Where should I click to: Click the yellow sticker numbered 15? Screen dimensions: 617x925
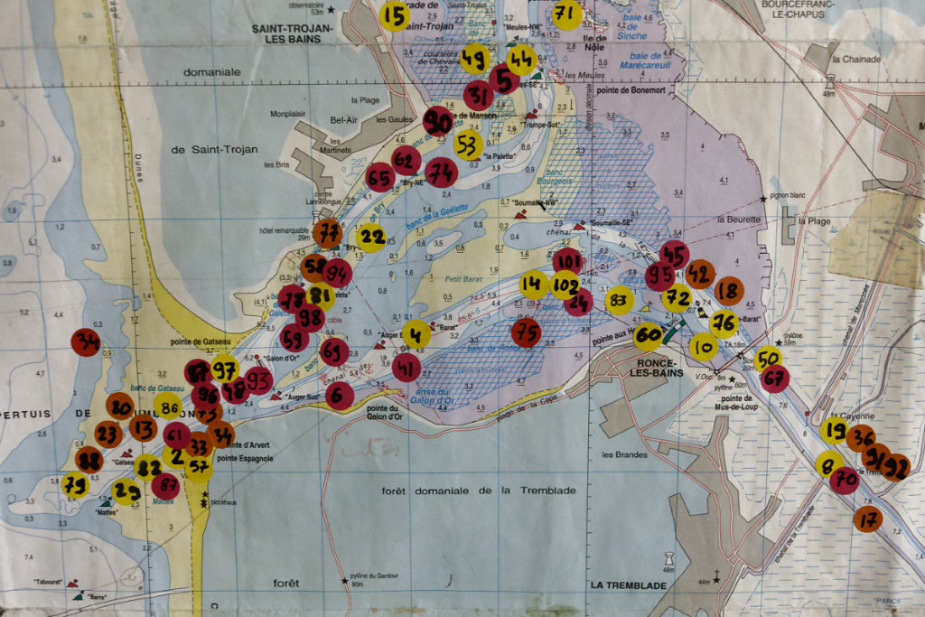click(x=394, y=15)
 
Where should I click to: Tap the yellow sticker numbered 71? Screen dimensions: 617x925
click(x=566, y=14)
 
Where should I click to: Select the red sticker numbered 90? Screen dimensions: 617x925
click(x=438, y=121)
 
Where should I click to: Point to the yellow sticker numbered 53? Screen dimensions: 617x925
click(x=468, y=145)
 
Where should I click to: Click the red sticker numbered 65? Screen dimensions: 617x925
click(x=380, y=177)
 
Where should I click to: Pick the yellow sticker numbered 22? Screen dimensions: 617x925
click(x=371, y=238)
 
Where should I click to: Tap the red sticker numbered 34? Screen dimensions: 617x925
click(x=86, y=341)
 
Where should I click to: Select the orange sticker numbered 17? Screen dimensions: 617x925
click(x=867, y=519)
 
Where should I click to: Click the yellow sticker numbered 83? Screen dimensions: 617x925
click(x=619, y=300)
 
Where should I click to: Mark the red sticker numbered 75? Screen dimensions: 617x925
click(x=527, y=332)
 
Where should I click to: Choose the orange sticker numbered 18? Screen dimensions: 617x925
click(x=729, y=291)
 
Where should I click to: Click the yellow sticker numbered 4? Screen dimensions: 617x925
click(x=416, y=333)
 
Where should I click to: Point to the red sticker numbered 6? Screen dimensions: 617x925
click(x=340, y=396)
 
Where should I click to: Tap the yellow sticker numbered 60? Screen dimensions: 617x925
click(x=648, y=337)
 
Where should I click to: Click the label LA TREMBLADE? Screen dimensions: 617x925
click(x=629, y=584)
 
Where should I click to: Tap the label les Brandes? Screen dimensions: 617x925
click(x=624, y=454)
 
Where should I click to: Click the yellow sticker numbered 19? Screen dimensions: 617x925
click(x=834, y=430)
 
